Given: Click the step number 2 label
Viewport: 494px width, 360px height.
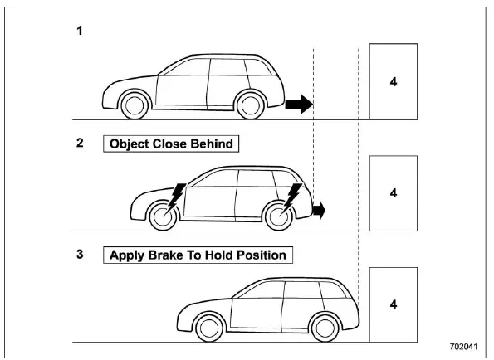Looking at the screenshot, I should point(80,142).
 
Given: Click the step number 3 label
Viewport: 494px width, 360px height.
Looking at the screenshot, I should point(80,255).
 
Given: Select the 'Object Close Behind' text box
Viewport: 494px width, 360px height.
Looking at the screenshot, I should point(171,143).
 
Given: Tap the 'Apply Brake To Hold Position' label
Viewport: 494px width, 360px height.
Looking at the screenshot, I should point(198,255).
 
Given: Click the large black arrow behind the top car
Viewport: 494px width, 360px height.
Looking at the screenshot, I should point(298,105).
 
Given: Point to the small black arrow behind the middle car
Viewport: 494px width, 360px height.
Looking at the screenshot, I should point(319,211).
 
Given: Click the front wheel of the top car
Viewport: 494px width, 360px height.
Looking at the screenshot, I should point(133,105).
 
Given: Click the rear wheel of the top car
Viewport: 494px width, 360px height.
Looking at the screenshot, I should point(250,105).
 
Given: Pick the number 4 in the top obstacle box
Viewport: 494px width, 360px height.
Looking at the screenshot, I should point(395,81).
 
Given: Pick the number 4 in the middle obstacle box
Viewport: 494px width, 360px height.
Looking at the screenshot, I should point(395,192).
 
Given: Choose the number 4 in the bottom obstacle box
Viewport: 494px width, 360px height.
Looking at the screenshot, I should point(395,304).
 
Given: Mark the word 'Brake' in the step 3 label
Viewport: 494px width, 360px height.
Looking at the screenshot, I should point(168,255).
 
